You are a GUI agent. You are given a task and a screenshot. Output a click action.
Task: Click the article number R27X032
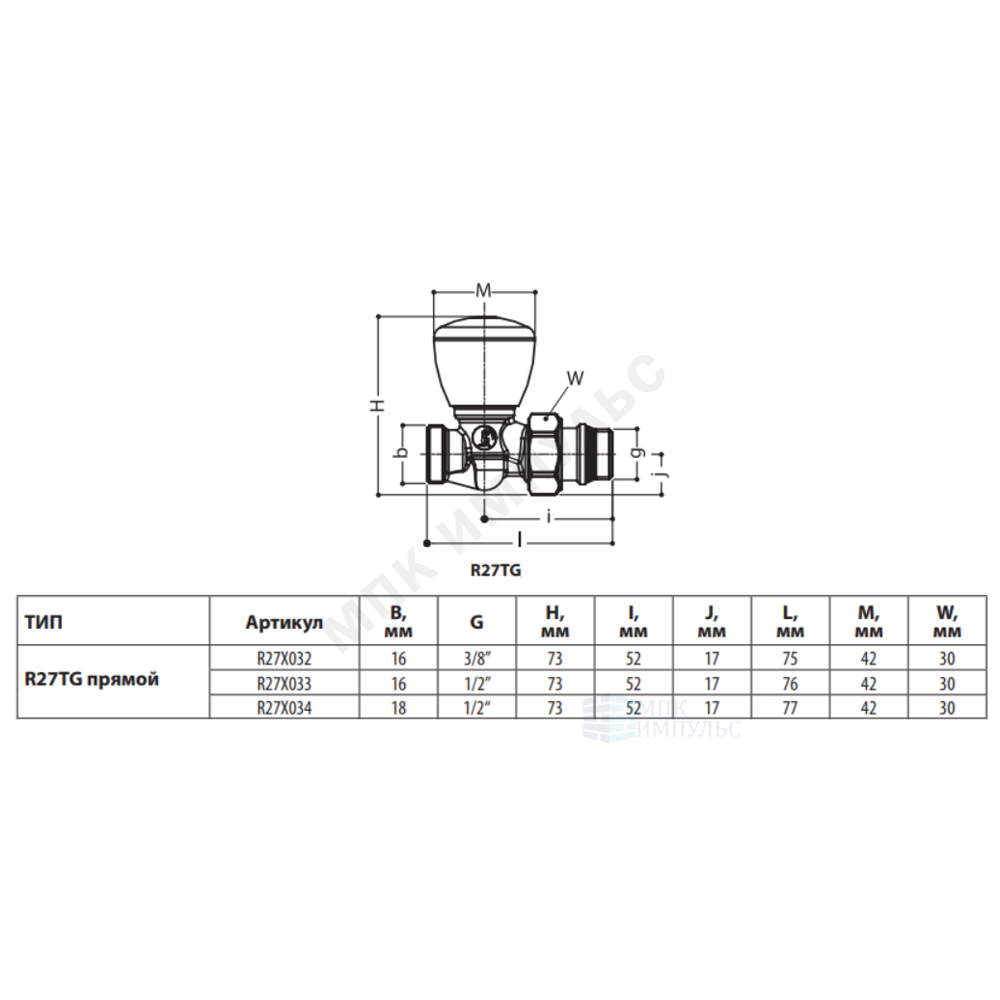pos(284,659)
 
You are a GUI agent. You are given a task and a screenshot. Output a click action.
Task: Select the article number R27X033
pos(284,684)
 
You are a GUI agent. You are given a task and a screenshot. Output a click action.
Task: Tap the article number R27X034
pos(284,708)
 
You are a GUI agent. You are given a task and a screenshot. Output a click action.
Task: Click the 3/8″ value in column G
pos(476,659)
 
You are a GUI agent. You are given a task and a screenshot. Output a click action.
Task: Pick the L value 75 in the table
pos(790,659)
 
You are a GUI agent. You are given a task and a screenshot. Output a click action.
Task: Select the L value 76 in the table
pos(790,684)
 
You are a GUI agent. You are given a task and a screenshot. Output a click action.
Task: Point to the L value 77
pos(790,708)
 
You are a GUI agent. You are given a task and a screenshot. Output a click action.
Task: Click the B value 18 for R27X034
pos(398,708)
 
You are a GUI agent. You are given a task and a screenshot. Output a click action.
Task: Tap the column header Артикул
pos(284,622)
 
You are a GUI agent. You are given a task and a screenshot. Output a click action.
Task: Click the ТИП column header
pos(44,622)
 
